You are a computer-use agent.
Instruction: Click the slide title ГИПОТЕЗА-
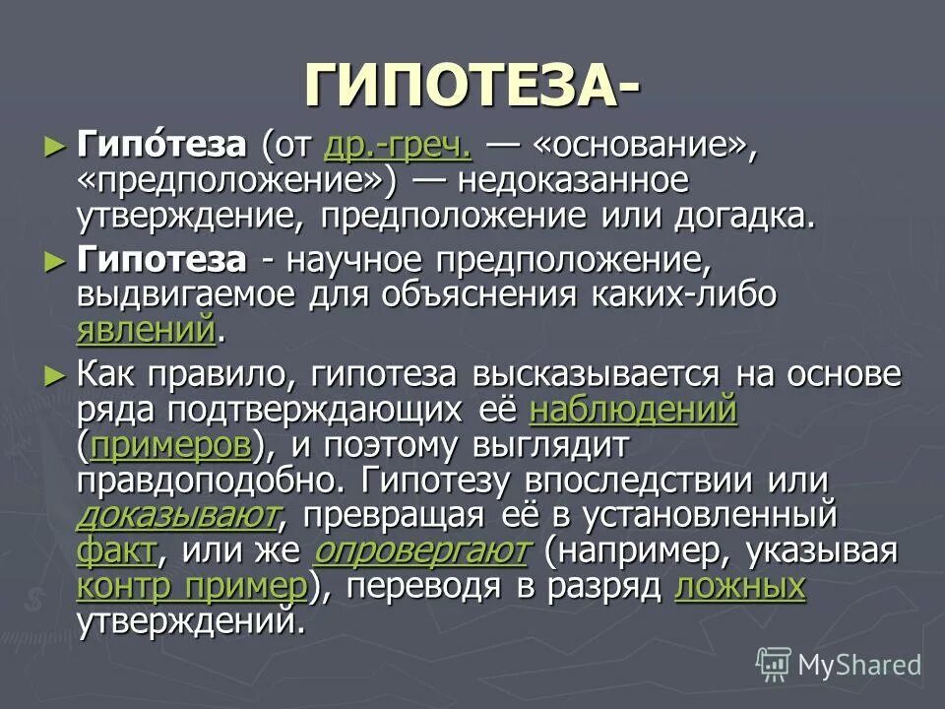471,86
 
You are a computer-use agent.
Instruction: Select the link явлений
145,329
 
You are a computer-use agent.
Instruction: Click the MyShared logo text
859,665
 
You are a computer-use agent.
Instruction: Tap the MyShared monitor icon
774,665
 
